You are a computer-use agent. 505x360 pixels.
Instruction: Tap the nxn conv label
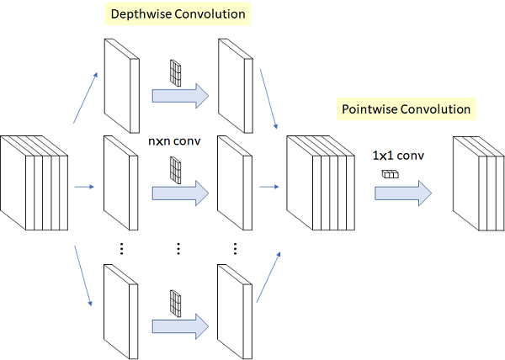pyautogui.click(x=174, y=141)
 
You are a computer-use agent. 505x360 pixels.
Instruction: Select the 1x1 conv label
pyautogui.click(x=398, y=156)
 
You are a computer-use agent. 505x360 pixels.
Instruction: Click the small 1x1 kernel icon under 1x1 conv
pyautogui.click(x=391, y=174)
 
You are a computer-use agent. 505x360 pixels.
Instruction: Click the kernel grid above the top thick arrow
pyautogui.click(x=176, y=73)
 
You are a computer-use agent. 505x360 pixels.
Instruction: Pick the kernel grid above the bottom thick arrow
pyautogui.click(x=176, y=304)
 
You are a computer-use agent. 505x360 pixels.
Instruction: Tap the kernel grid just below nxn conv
pyautogui.click(x=176, y=170)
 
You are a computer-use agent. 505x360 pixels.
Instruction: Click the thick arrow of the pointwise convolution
pyautogui.click(x=403, y=193)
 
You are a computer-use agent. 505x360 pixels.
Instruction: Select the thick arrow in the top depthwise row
pyautogui.click(x=180, y=96)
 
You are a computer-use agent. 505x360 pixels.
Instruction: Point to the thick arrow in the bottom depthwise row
pyautogui.click(x=180, y=326)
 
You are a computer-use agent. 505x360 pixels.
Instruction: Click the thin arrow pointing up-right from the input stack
pyautogui.click(x=85, y=98)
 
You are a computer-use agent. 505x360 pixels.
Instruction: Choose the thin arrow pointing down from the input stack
pyautogui.click(x=83, y=276)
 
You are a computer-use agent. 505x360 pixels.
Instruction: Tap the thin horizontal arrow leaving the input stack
pyautogui.click(x=84, y=187)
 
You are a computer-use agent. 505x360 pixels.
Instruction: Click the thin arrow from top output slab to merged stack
pyautogui.click(x=268, y=98)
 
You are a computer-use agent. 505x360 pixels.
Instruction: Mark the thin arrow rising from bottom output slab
pyautogui.click(x=268, y=278)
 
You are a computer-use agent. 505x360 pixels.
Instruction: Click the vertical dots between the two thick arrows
pyautogui.click(x=178, y=249)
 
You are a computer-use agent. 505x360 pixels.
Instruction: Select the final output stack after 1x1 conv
pyautogui.click(x=479, y=183)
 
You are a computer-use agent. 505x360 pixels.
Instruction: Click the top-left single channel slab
pyautogui.click(x=122, y=86)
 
